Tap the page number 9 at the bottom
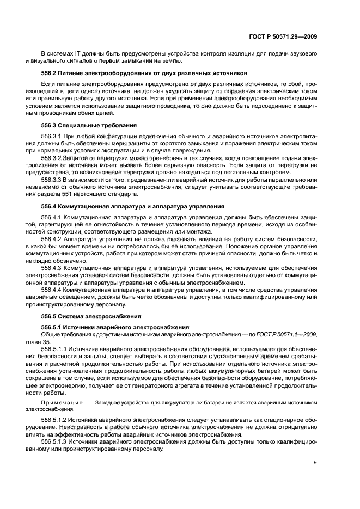click(315, 463)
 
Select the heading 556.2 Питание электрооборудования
click(137, 73)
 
